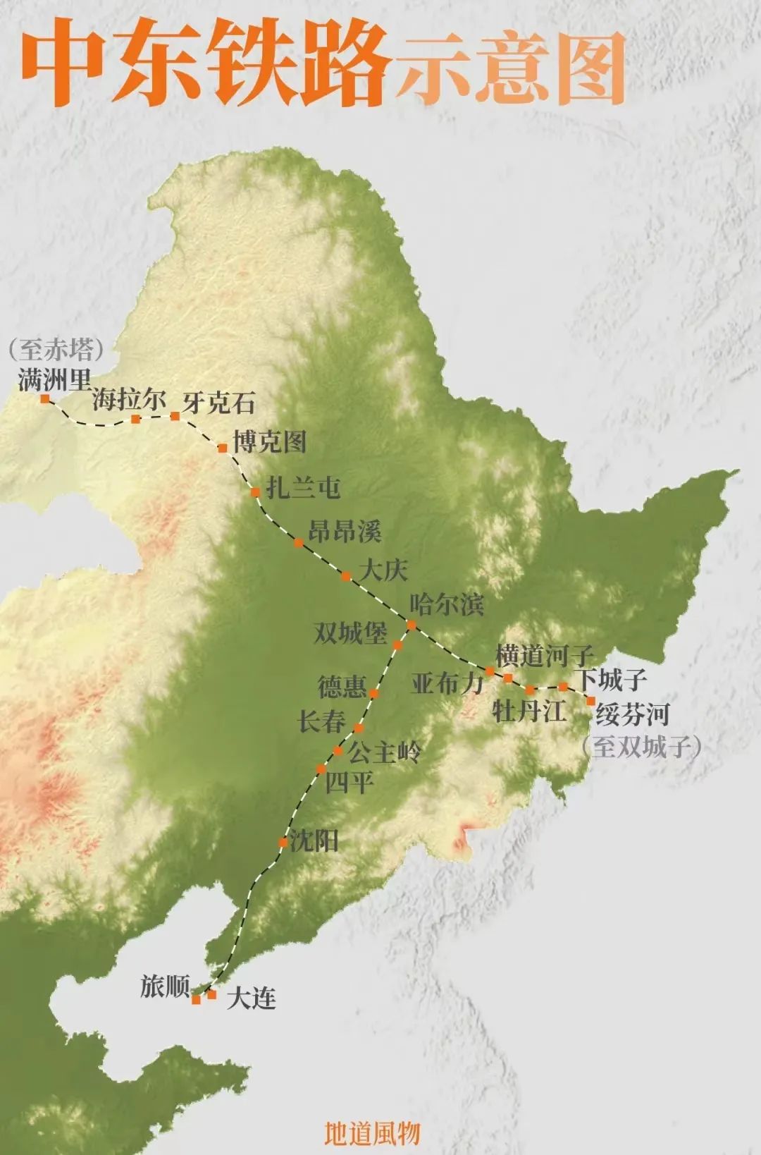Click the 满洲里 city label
[x=54, y=381]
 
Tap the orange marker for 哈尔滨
[x=412, y=625]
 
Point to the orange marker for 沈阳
[x=283, y=842]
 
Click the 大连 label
[x=251, y=998]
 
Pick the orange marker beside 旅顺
[x=196, y=999]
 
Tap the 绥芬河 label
[x=632, y=714]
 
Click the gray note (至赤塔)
[x=56, y=350]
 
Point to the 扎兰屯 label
[x=304, y=488]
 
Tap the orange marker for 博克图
[x=223, y=448]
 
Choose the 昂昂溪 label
[x=345, y=531]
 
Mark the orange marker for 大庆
[x=346, y=576]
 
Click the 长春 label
[x=322, y=721]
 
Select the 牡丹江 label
[x=529, y=710]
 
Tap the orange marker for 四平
[x=321, y=769]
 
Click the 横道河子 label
[x=544, y=655]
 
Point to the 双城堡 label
[x=350, y=632]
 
